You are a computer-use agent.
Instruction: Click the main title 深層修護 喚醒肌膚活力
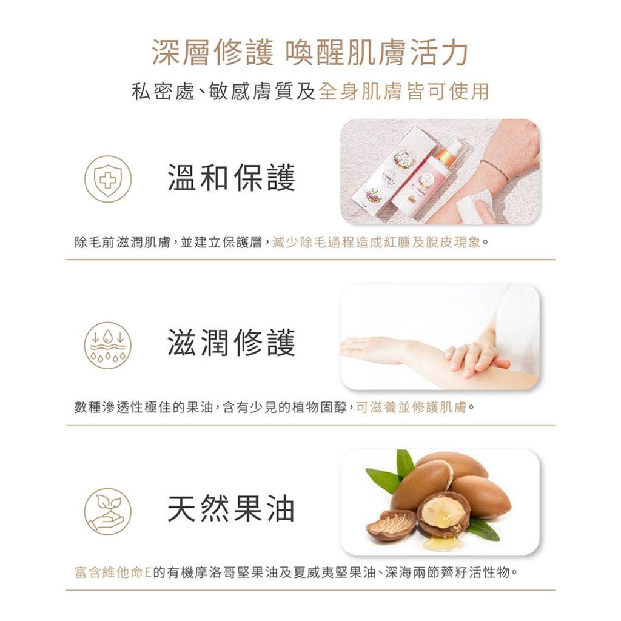pyautogui.click(x=310, y=53)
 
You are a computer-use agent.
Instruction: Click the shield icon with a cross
pyautogui.click(x=107, y=178)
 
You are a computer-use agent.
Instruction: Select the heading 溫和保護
pyautogui.click(x=231, y=178)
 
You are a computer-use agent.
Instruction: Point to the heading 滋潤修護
pyautogui.click(x=231, y=343)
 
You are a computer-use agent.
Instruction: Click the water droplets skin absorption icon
pyautogui.click(x=107, y=344)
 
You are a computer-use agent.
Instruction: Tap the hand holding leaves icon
pyautogui.click(x=107, y=511)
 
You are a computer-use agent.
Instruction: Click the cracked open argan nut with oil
pyautogui.click(x=443, y=515)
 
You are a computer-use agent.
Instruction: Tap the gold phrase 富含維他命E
pyautogui.click(x=112, y=572)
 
